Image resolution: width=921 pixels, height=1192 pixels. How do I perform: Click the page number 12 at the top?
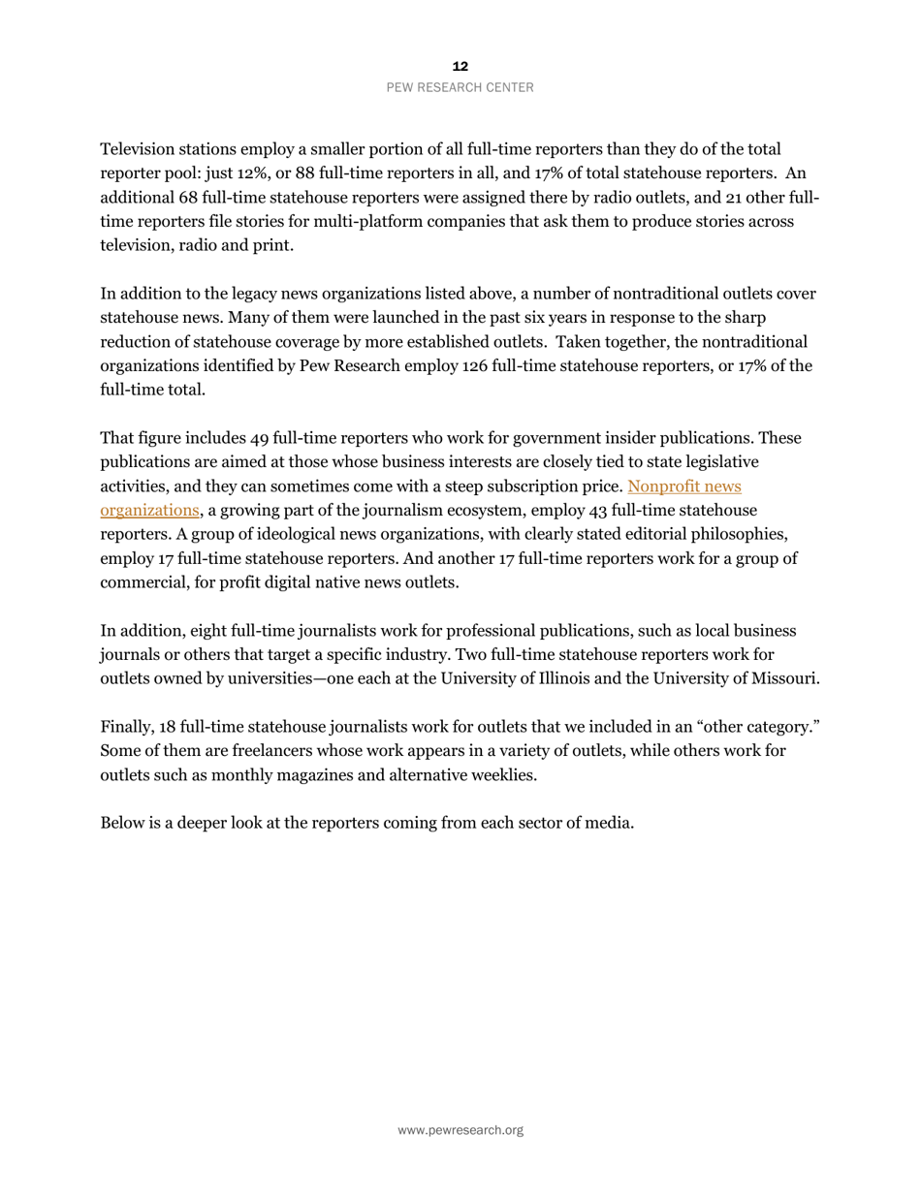coord(460,66)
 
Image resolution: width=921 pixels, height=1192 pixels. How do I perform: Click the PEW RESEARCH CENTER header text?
coord(460,87)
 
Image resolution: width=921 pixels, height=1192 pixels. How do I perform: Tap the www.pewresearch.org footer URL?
coord(460,1130)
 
